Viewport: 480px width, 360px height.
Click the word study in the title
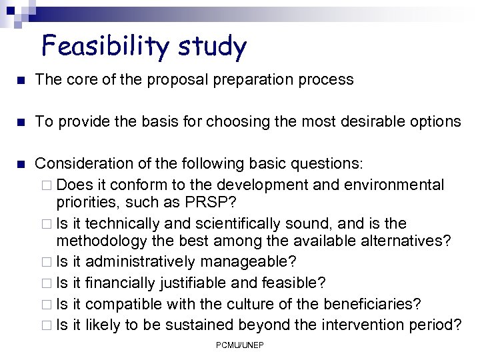click(x=212, y=47)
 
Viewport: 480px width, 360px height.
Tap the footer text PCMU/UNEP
click(x=239, y=345)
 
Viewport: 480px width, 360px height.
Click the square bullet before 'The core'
click(x=20, y=79)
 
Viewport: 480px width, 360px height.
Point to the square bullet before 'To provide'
click(x=20, y=121)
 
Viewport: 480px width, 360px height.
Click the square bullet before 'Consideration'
click(x=20, y=163)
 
